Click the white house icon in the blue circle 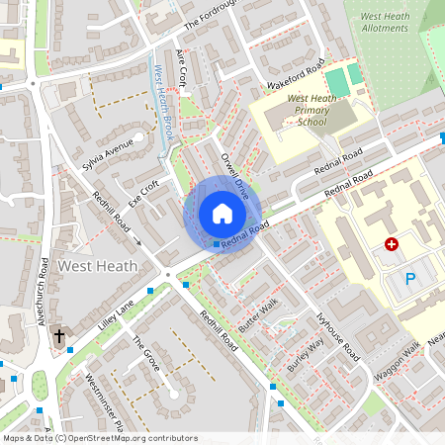(x=222, y=214)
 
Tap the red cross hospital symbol (x=392, y=243)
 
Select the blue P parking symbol (x=410, y=279)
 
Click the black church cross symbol (x=58, y=336)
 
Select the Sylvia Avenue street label (x=108, y=154)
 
